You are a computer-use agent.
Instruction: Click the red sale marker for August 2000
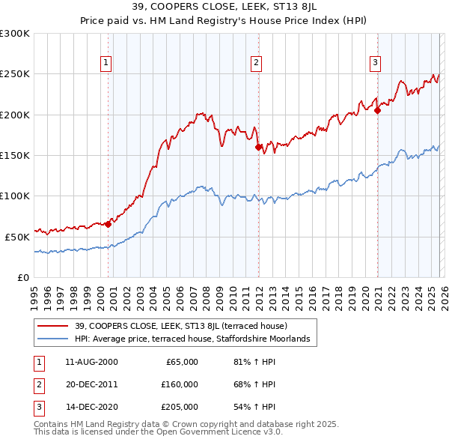(x=108, y=223)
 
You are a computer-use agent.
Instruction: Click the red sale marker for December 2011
(x=258, y=148)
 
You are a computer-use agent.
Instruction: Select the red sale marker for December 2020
(x=377, y=111)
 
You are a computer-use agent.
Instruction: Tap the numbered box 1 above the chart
(x=106, y=63)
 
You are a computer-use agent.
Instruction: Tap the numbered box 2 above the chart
(x=257, y=63)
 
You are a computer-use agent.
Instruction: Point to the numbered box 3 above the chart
(x=375, y=63)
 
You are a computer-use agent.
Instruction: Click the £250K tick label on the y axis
(x=15, y=74)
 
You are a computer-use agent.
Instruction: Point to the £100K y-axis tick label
(x=15, y=196)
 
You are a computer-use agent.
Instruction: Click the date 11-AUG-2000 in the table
(x=91, y=362)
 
